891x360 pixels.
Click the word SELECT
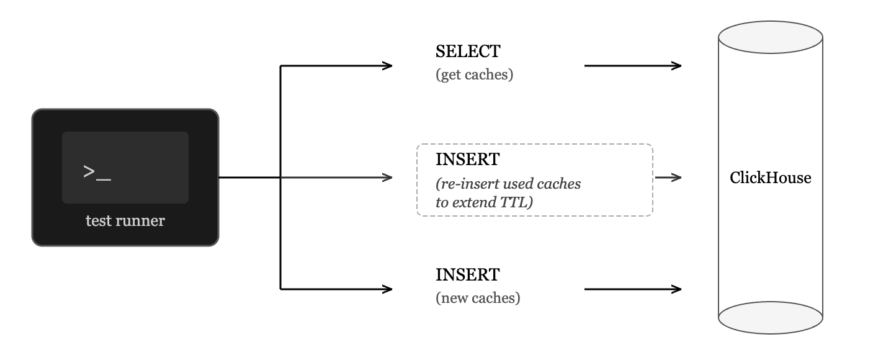pos(468,52)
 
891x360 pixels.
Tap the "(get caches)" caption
pos(475,74)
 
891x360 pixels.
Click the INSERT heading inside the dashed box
pos(467,160)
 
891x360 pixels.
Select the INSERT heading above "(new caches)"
pos(467,275)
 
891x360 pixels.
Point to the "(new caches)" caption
pos(478,298)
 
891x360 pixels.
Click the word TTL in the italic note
pos(516,202)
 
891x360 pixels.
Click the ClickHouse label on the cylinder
pos(771,178)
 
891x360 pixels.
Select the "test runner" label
pos(125,221)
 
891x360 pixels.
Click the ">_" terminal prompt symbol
pos(97,173)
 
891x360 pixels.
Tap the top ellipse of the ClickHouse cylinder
pos(771,37)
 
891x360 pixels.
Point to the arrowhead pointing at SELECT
pos(387,66)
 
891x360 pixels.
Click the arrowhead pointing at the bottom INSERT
pos(387,289)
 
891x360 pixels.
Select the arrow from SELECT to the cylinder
pos(633,66)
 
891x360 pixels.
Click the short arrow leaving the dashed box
pos(668,178)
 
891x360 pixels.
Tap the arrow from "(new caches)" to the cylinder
pos(633,289)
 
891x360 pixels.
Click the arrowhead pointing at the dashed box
pos(387,178)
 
